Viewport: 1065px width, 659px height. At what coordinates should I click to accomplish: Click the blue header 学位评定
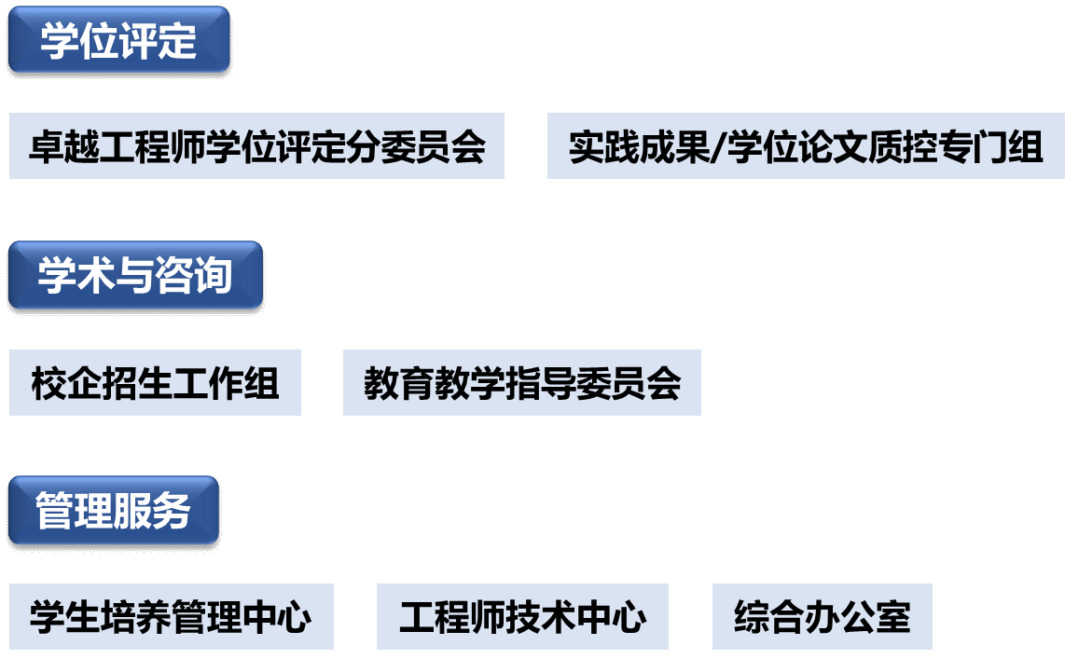coord(118,40)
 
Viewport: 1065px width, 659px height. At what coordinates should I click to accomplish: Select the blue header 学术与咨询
coord(135,276)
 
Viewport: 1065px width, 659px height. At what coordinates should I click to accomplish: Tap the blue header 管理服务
coord(113,511)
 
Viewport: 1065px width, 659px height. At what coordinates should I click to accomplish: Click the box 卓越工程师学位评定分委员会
coord(256,146)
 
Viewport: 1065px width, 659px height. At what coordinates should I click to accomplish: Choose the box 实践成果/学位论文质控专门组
coord(806,146)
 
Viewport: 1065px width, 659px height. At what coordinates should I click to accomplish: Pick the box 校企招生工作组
coord(155,383)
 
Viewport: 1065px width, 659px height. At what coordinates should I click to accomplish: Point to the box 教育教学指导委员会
coord(521,383)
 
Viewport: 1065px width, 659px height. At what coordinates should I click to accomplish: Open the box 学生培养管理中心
coord(171,617)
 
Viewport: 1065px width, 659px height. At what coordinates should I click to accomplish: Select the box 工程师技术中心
coord(522,617)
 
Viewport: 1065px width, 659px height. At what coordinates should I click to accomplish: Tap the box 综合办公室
coord(822,617)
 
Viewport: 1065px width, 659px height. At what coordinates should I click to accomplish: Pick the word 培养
coord(118,617)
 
